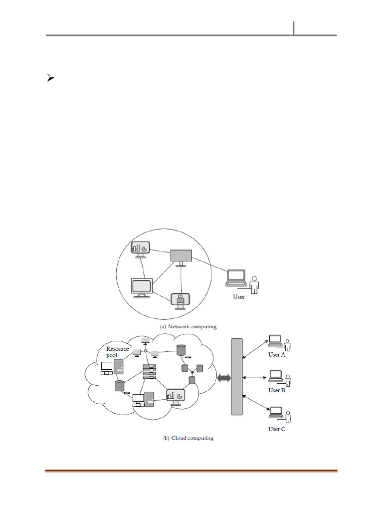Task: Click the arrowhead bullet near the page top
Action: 50,78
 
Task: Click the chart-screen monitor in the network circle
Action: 140,250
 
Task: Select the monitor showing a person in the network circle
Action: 181,301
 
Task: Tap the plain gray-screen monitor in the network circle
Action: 181,258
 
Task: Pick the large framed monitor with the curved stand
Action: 142,288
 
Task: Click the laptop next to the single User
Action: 236,278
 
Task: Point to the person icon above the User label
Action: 254,284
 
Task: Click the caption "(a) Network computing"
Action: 188,326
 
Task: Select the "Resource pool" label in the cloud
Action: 117,352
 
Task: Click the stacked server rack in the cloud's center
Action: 150,371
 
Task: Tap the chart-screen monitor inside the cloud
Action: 176,397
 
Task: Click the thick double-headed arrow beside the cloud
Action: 224,378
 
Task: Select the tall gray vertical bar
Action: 237,377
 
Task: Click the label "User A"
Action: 277,355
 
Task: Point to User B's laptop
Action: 275,376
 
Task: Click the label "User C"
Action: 277,429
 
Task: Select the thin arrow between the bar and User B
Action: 255,378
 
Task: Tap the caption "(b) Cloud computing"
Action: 188,438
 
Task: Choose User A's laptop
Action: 275,341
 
